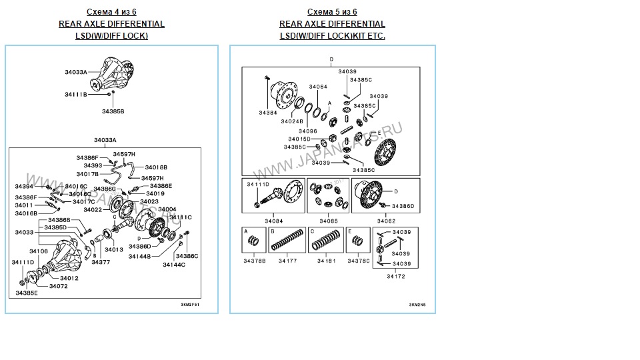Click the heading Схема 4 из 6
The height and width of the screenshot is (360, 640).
pyautogui.click(x=111, y=12)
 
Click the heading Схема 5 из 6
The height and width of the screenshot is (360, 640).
pyautogui.click(x=332, y=12)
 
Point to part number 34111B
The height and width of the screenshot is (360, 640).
pyautogui.click(x=76, y=95)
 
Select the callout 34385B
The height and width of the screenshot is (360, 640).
pyautogui.click(x=113, y=111)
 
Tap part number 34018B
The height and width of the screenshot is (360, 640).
pyautogui.click(x=156, y=167)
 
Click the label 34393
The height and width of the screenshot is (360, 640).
pyautogui.click(x=93, y=165)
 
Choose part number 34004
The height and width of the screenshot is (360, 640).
pyautogui.click(x=167, y=209)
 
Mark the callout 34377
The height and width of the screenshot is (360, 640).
pyautogui.click(x=101, y=262)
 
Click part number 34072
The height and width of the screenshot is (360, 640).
pyautogui.click(x=58, y=286)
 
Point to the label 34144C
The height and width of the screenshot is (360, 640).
pyautogui.click(x=174, y=265)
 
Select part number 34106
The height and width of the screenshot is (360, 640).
pyautogui.click(x=39, y=251)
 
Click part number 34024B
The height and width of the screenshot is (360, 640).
pyautogui.click(x=292, y=122)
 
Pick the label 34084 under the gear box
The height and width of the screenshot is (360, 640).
pyautogui.click(x=273, y=221)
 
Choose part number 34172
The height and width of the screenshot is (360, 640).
pyautogui.click(x=395, y=276)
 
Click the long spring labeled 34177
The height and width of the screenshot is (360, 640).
pyautogui.click(x=287, y=241)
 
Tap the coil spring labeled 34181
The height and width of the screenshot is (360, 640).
pyautogui.click(x=327, y=241)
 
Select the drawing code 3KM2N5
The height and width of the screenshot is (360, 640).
pyautogui.click(x=417, y=305)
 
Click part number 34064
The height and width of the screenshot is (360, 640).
pyautogui.click(x=319, y=87)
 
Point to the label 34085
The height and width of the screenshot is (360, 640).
pyautogui.click(x=329, y=221)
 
